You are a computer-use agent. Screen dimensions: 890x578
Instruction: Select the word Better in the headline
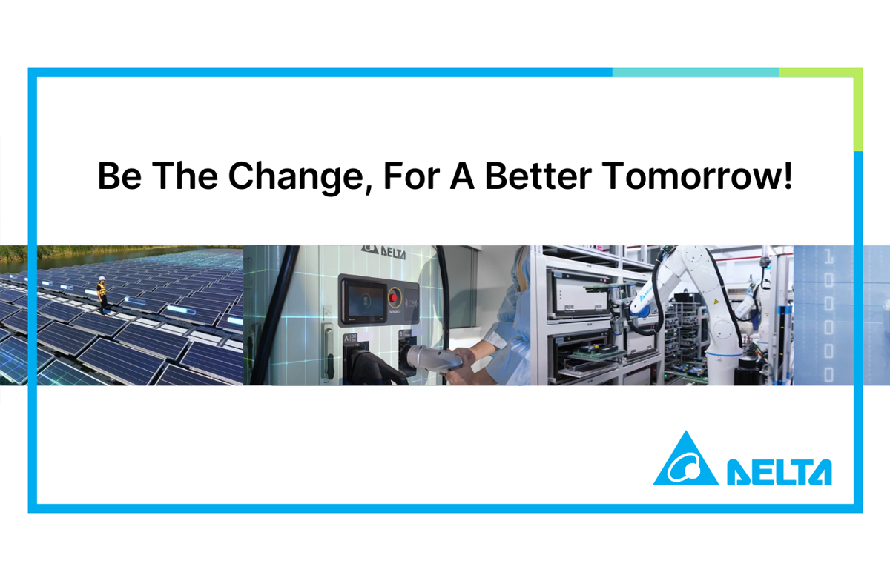pos(538,175)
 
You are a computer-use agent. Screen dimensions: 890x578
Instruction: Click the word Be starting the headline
pos(119,175)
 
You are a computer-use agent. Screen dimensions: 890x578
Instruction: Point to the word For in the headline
pos(412,175)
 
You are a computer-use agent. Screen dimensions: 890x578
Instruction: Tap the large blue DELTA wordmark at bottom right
pos(779,472)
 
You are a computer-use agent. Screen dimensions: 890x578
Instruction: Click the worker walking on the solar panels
pos(102,295)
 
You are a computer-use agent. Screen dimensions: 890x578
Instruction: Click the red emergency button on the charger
pos(394,297)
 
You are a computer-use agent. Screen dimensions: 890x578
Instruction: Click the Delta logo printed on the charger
pos(384,252)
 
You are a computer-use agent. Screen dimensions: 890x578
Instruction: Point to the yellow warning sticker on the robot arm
pos(716,302)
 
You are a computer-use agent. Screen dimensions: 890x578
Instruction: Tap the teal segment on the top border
pos(696,73)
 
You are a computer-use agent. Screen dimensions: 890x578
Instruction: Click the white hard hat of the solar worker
pos(102,278)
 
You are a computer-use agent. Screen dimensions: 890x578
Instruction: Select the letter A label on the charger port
pos(347,338)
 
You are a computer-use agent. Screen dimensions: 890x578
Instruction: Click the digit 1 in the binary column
pos(828,257)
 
